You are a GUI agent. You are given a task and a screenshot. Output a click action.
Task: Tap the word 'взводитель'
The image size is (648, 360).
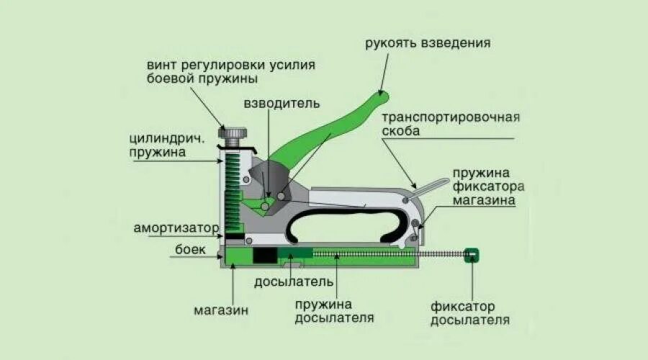pos(281,102)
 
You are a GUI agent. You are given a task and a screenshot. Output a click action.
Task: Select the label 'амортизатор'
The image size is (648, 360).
pos(176,228)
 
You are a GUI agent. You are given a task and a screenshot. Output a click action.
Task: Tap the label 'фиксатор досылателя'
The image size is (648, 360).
pos(470,312)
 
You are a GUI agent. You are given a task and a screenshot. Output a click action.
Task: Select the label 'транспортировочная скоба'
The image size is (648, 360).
pos(451,123)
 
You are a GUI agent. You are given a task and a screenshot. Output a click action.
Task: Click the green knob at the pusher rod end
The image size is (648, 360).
pos(472,254)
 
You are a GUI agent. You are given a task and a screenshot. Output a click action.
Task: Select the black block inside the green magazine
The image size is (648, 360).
pos(264,255)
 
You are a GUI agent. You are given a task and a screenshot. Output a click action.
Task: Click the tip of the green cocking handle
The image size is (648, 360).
pos(381,96)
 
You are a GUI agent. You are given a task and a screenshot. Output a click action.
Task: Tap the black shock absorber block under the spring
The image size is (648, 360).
pos(234,236)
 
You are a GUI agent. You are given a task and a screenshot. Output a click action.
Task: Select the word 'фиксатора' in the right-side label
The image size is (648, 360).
pos(489,187)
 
